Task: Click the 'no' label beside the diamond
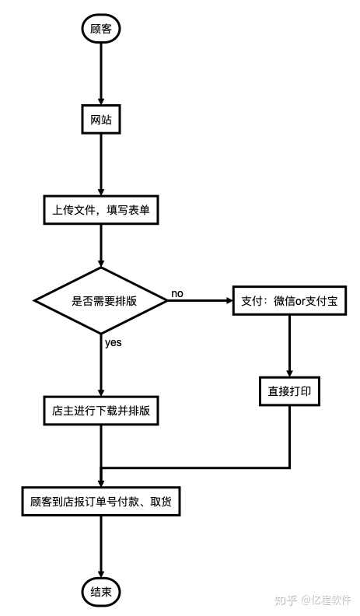click(177, 293)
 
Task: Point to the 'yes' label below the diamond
click(113, 343)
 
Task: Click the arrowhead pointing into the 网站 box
click(101, 100)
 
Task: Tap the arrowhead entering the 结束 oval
click(101, 573)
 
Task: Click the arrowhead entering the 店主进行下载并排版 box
click(101, 391)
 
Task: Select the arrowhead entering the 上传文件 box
click(101, 191)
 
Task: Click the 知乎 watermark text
click(285, 600)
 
